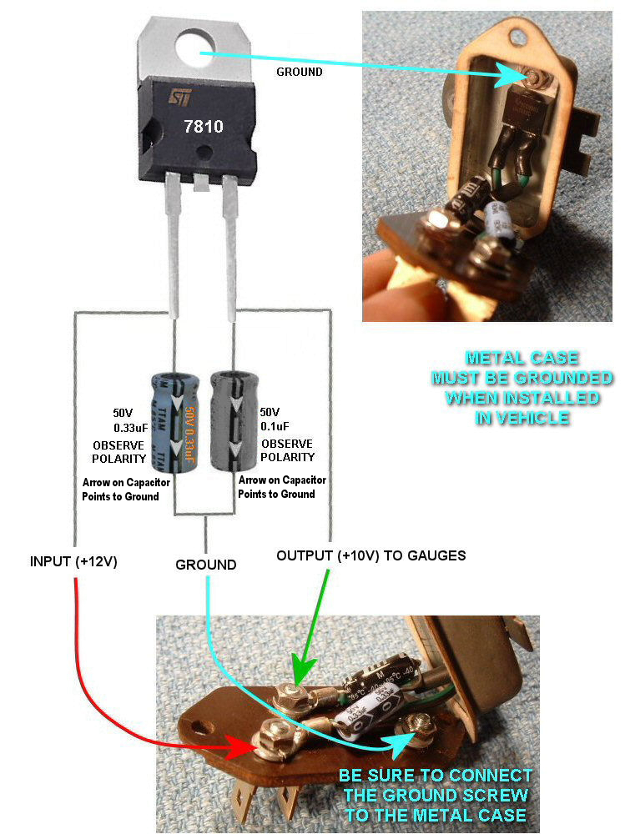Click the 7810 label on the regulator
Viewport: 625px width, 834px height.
point(203,127)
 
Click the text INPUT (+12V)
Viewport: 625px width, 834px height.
point(73,561)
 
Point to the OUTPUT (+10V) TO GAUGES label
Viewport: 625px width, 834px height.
point(371,555)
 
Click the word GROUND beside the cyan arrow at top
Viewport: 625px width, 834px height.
point(299,72)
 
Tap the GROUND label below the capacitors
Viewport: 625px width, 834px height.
point(205,565)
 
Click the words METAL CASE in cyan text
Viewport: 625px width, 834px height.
point(522,358)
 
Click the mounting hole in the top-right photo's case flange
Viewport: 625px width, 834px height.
point(525,34)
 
